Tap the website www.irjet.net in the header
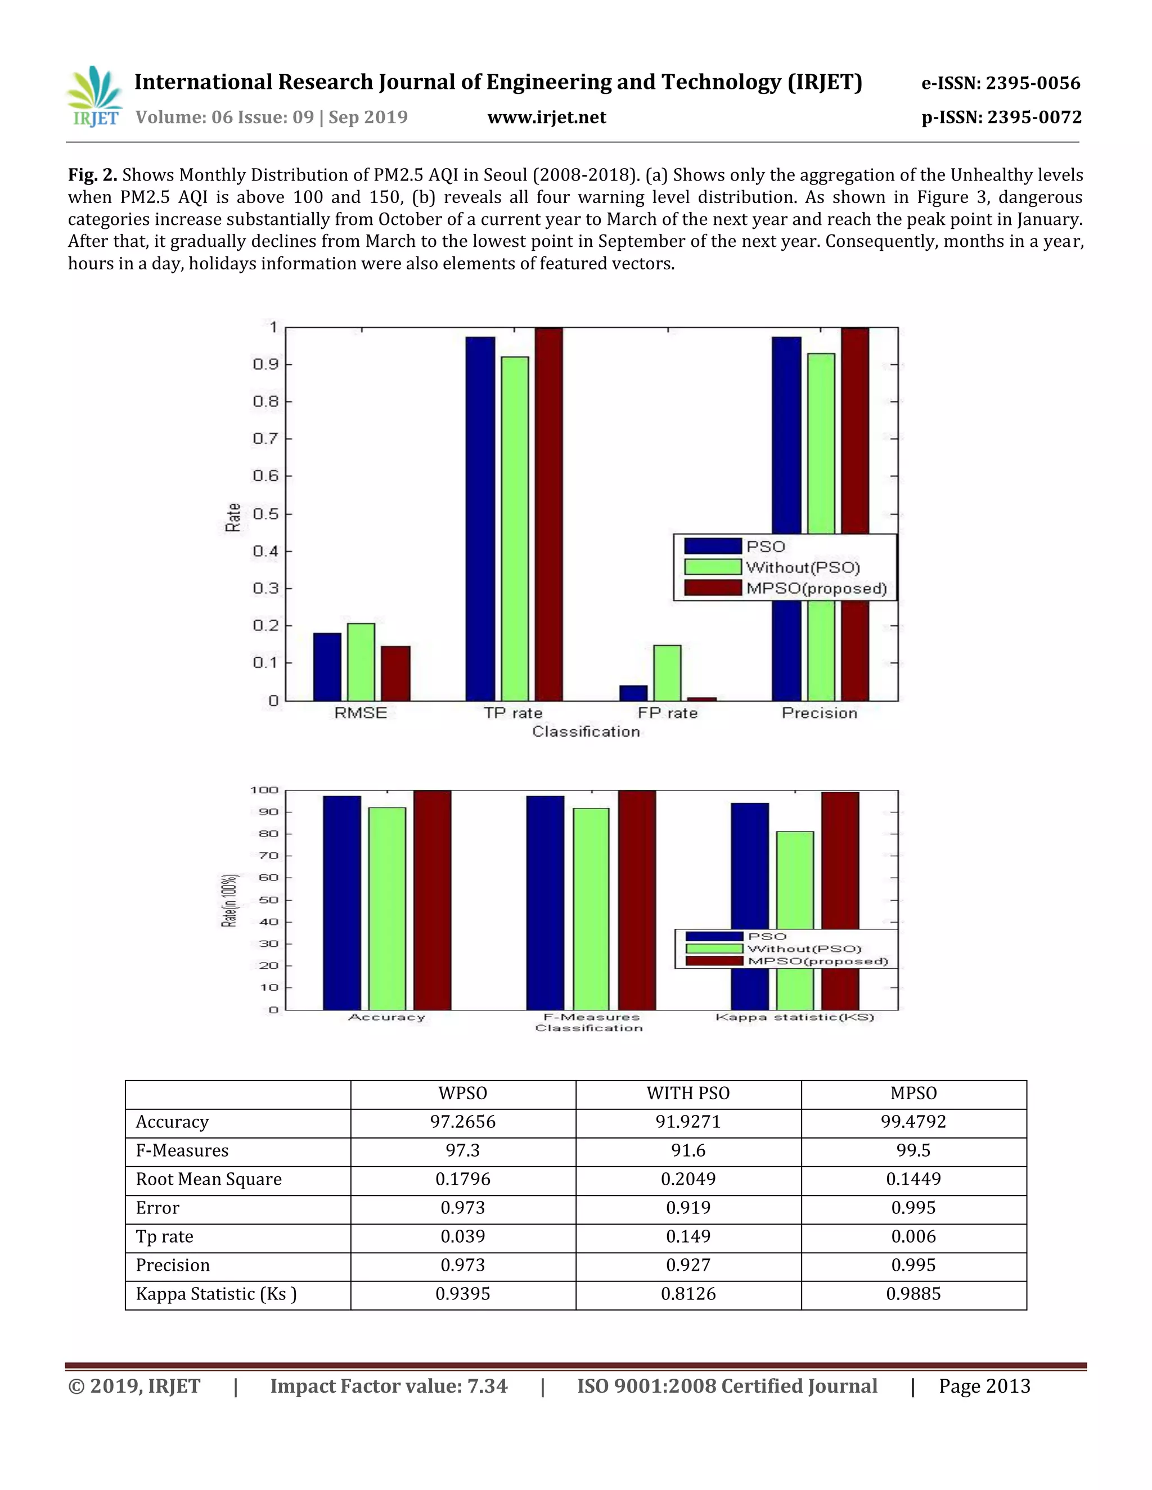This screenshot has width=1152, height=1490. [547, 118]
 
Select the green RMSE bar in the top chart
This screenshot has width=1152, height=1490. [361, 662]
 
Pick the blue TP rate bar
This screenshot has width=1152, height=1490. [480, 518]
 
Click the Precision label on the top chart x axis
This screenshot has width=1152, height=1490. [819, 713]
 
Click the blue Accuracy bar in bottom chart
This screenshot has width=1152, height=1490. [342, 902]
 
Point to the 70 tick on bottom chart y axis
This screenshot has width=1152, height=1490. [269, 856]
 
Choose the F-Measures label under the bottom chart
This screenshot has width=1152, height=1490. [591, 1017]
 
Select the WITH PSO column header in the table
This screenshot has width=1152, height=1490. [688, 1094]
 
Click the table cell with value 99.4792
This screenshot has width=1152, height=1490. [913, 1122]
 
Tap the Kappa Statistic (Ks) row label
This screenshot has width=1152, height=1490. [215, 1294]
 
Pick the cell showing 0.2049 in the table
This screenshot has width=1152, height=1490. [688, 1180]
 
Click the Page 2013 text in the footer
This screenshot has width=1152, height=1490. [984, 1385]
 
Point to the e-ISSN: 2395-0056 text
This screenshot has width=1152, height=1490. [1001, 83]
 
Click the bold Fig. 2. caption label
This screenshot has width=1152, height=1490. [92, 175]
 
